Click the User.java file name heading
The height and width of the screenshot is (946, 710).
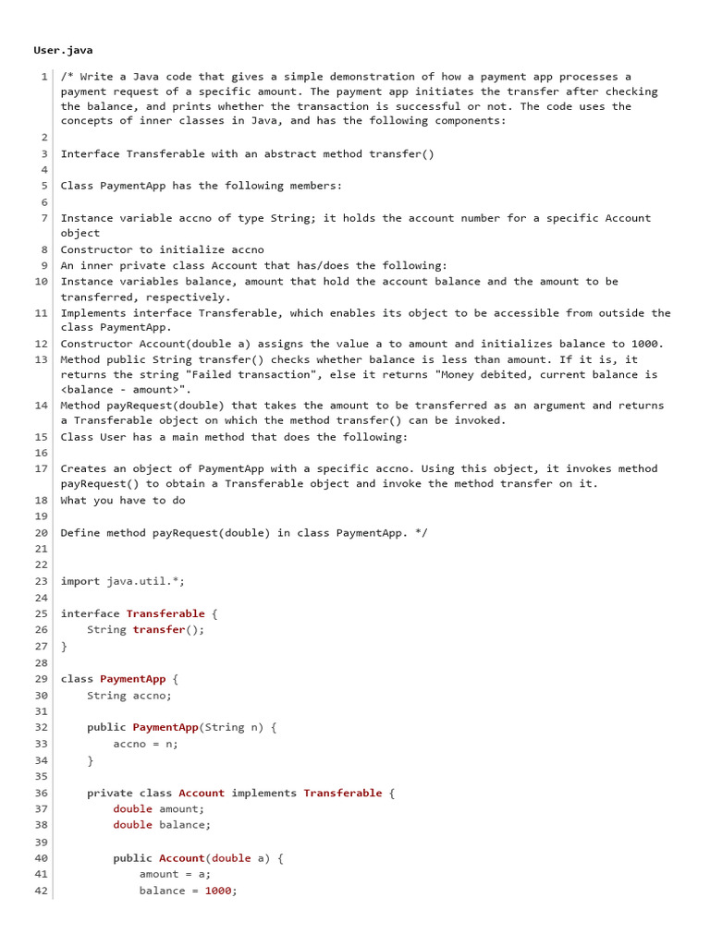click(x=63, y=50)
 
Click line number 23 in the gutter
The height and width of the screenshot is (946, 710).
click(x=42, y=581)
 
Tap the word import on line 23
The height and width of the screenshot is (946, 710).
click(x=80, y=581)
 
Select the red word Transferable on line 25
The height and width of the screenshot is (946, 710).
click(x=165, y=613)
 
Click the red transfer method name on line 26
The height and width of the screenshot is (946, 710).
click(x=159, y=630)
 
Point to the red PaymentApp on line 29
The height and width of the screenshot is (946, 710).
click(x=132, y=679)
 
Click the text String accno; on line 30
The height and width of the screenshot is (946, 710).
click(x=129, y=696)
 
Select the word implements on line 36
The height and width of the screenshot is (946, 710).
click(x=263, y=793)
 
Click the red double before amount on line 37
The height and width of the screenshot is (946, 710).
click(x=132, y=809)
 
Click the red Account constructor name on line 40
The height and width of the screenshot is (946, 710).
click(x=181, y=858)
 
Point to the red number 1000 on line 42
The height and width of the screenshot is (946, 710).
click(x=217, y=891)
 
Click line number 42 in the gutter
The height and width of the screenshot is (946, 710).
click(x=42, y=891)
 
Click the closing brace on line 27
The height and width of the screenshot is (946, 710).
click(x=64, y=647)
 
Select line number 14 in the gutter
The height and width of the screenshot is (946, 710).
click(x=42, y=406)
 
